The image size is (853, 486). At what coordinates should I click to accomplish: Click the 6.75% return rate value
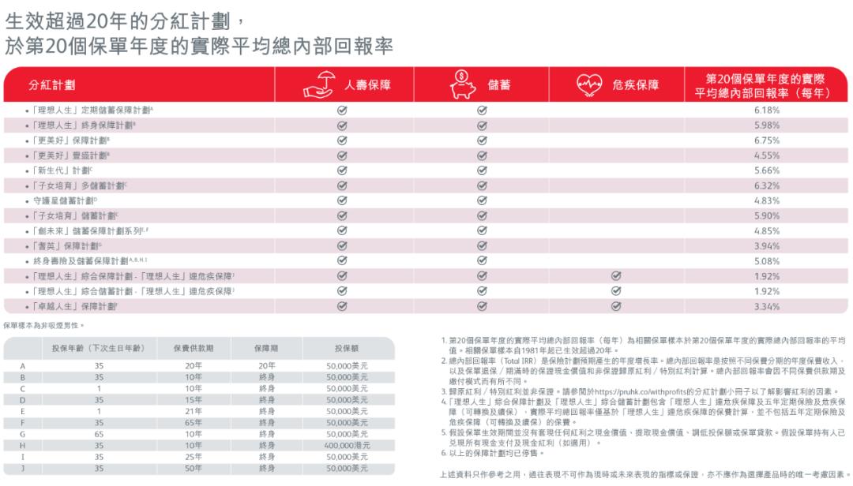766,140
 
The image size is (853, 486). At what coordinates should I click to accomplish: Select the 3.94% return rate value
766,246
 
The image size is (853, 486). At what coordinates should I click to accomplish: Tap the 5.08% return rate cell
766,261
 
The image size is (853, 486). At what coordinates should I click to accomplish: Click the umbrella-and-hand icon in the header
314,84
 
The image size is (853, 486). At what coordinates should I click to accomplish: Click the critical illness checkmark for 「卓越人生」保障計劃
616,306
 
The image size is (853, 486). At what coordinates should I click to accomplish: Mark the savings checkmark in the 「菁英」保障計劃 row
481,246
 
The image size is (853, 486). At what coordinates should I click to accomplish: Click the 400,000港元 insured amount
347,445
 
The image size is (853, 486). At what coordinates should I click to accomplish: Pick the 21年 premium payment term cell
194,411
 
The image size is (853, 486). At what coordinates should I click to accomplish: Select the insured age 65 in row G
100,434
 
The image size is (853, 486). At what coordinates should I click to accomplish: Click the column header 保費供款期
194,348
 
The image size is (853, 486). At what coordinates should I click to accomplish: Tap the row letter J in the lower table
23,468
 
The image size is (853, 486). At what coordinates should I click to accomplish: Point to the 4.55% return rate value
766,155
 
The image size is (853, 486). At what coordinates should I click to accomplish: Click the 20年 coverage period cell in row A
266,366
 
